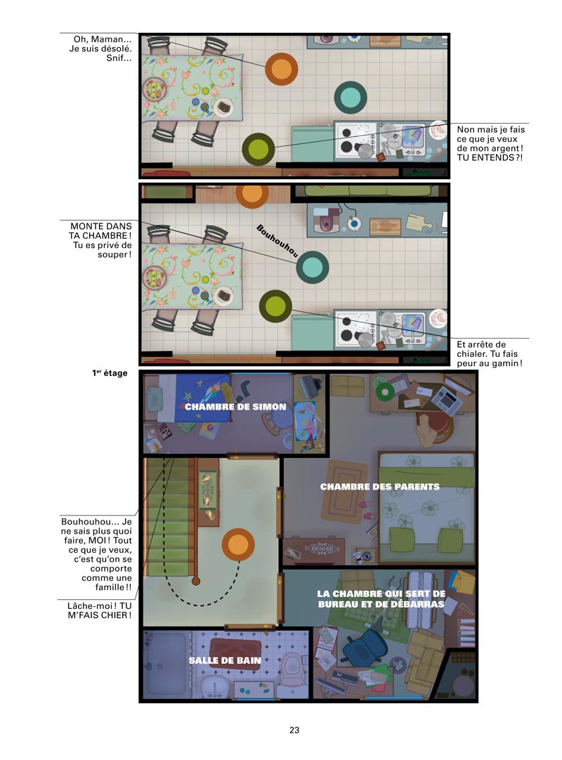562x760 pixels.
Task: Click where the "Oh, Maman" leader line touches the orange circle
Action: pos(266,68)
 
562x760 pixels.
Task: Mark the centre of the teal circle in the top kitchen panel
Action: pos(350,98)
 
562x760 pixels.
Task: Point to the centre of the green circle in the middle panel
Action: pos(275,306)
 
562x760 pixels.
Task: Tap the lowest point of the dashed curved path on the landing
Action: pos(199,605)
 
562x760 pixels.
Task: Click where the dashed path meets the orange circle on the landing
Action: pos(239,561)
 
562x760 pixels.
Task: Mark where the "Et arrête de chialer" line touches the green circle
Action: pos(292,310)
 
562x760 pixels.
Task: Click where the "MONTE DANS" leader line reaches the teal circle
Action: pos(296,263)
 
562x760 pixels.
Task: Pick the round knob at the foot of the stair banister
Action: pos(195,581)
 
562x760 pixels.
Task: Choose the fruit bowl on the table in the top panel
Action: pos(154,90)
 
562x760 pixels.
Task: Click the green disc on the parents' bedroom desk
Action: pos(383,392)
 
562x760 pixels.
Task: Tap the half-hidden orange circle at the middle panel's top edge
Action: pos(252,195)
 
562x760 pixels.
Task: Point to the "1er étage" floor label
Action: pos(110,373)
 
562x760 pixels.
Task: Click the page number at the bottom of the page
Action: pos(294,730)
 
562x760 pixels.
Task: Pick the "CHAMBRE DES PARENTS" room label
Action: pos(379,487)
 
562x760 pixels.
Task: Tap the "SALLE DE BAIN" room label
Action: pos(225,660)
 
